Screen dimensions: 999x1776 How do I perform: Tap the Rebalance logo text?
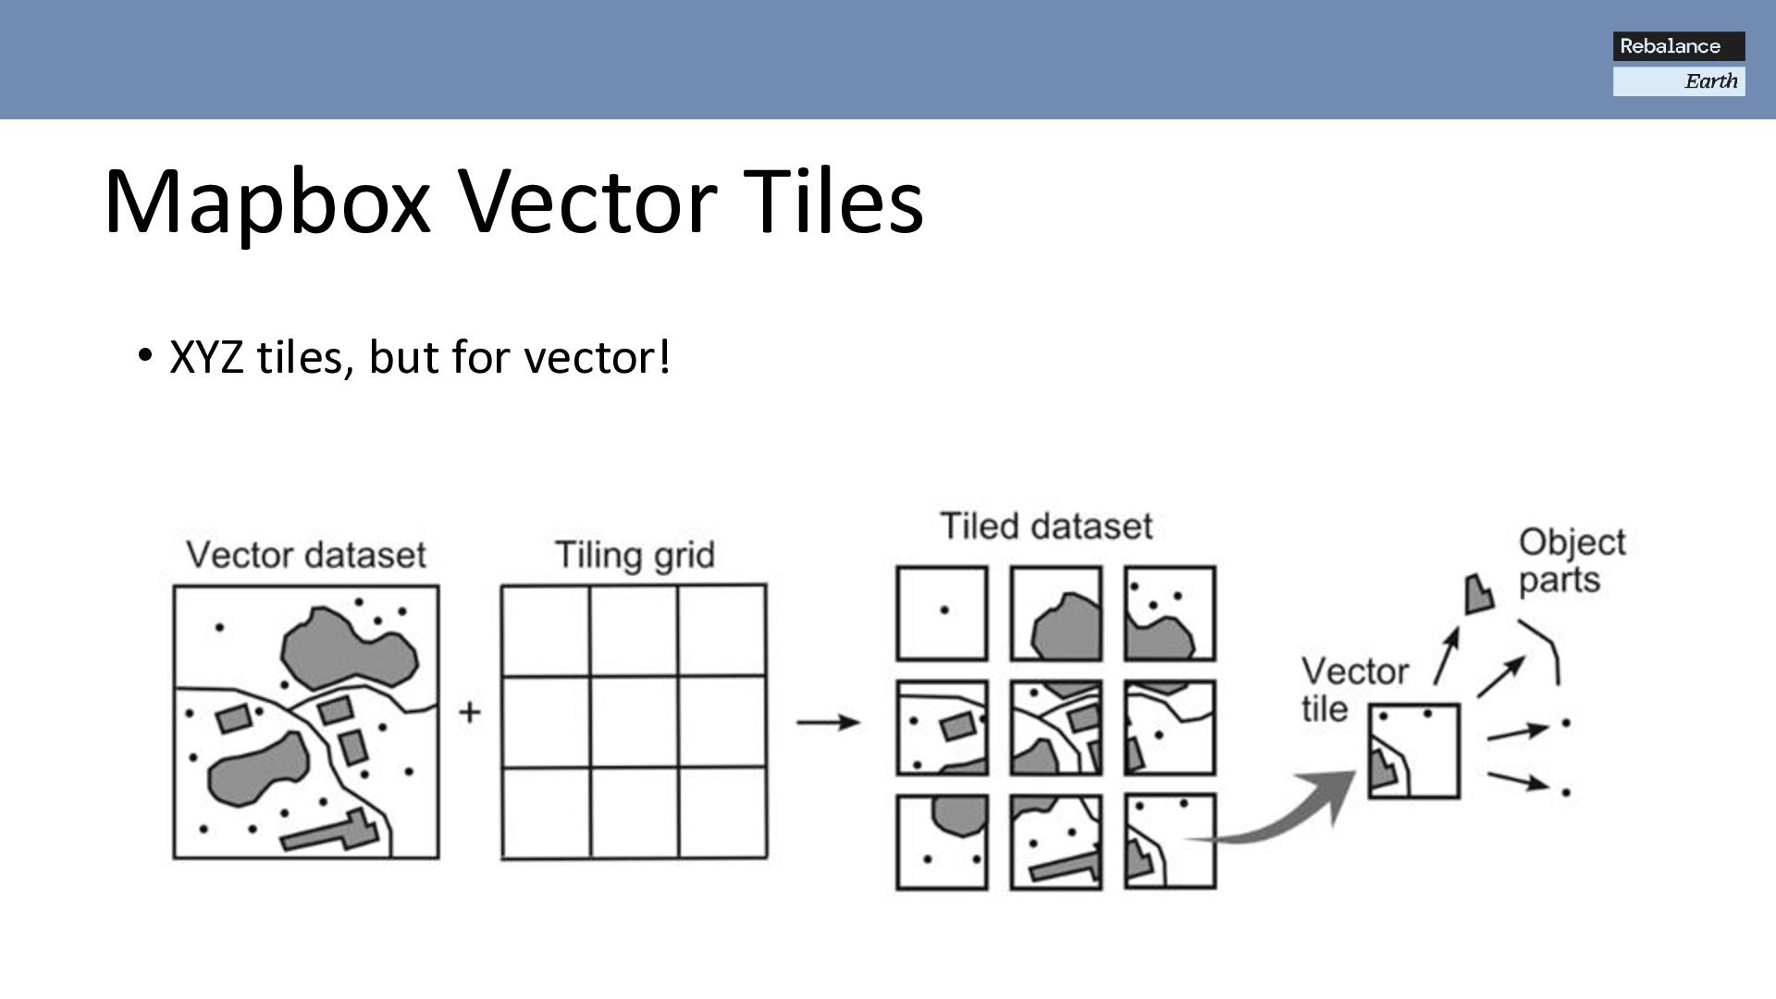(1670, 46)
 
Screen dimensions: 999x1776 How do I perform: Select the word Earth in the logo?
(1710, 81)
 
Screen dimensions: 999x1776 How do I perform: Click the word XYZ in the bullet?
(206, 357)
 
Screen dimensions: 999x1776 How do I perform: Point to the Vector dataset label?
(306, 555)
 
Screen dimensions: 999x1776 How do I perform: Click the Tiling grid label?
(635, 555)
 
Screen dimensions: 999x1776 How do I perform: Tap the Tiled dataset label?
(1046, 526)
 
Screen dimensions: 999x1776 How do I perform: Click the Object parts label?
(1571, 561)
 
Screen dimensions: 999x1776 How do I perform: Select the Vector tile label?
(1354, 690)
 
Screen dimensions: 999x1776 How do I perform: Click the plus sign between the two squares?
(470, 712)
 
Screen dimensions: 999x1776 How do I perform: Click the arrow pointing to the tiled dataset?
(828, 721)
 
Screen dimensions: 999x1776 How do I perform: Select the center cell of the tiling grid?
(634, 721)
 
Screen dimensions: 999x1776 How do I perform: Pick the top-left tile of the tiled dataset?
(942, 613)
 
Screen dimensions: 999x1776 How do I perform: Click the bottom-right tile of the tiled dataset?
(1170, 842)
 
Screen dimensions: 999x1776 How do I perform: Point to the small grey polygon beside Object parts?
(1478, 595)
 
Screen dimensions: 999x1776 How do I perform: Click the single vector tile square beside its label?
(1413, 750)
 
